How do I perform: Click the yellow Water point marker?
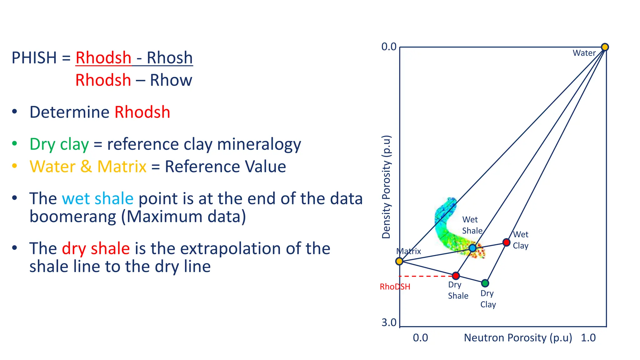605,47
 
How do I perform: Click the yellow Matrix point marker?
399,261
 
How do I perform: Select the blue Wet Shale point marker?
472,248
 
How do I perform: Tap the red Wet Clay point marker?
506,242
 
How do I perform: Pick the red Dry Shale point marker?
456,276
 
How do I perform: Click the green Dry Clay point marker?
485,283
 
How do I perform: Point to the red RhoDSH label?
395,287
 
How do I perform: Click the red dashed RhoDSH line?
425,276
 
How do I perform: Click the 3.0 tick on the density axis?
389,322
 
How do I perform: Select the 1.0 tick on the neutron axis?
588,338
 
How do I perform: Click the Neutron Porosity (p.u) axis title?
518,338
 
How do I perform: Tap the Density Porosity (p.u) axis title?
387,187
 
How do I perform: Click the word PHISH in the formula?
34,58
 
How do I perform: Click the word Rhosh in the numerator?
170,58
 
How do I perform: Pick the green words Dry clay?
59,144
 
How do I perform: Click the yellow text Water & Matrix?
88,167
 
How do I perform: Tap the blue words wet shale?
97,199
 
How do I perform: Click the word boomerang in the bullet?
72,217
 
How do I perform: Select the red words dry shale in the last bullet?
96,249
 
